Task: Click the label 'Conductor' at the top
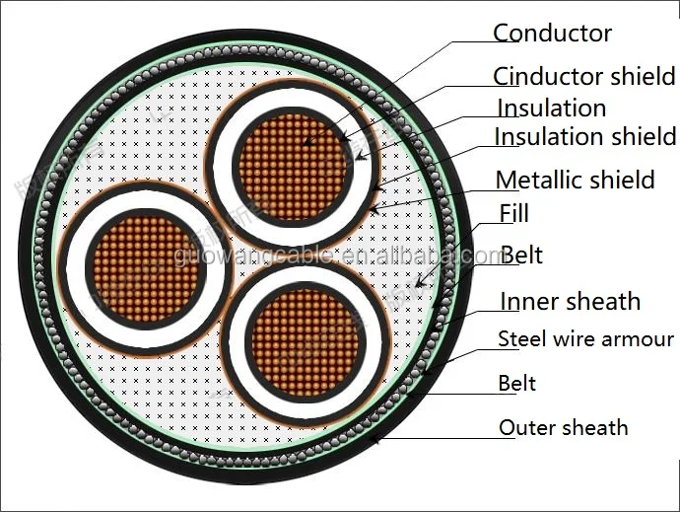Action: tap(552, 33)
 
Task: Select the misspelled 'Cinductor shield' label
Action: tap(584, 76)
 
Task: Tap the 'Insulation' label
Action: tap(551, 108)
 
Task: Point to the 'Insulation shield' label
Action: tap(572, 137)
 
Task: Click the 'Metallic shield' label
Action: tap(575, 180)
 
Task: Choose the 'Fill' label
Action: tap(513, 213)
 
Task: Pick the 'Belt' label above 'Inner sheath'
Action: tap(521, 256)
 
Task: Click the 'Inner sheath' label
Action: tap(570, 301)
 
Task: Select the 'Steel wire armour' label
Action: tap(585, 339)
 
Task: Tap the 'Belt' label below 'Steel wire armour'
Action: tap(517, 383)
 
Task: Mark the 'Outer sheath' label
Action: tap(563, 427)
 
